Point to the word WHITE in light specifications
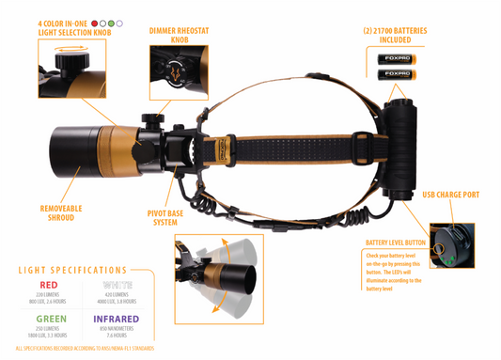coord(117,284)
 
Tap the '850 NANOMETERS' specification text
coord(117,329)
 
